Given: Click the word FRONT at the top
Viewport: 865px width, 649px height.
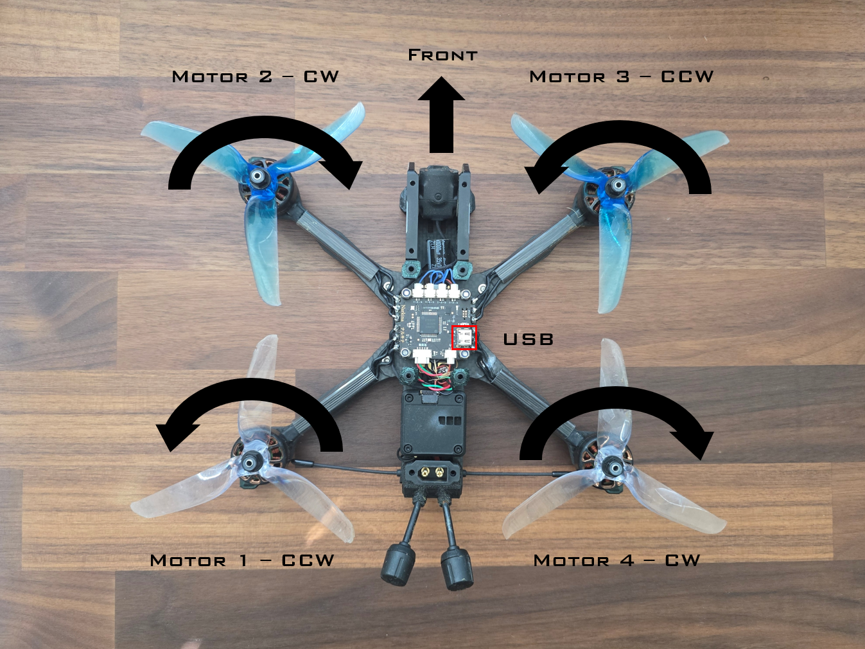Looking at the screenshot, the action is [442, 55].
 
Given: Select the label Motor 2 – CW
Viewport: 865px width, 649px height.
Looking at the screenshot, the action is [255, 76].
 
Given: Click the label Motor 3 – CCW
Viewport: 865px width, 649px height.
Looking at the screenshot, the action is [621, 76].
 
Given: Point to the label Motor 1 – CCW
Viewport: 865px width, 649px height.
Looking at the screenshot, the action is [242, 560].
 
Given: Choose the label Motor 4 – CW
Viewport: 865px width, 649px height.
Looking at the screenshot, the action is [616, 560].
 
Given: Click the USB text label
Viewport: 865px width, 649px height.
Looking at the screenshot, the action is [528, 339].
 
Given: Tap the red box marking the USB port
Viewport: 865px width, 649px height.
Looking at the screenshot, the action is [464, 337].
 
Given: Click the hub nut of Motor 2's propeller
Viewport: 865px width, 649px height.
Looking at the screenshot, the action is [258, 176].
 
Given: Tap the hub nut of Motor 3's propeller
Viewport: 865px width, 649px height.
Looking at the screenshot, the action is [615, 186].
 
